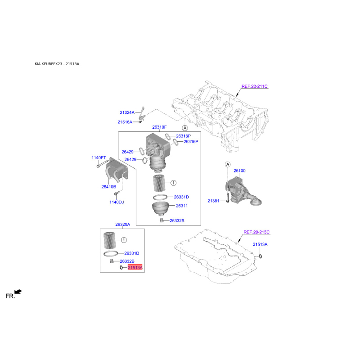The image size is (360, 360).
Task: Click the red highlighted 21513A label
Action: point(135,267)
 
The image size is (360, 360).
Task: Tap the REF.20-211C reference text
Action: point(254,86)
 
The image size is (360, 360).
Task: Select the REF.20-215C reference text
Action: point(256,232)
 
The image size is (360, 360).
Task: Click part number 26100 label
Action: point(239,171)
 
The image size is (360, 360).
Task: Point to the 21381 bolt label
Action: point(213,201)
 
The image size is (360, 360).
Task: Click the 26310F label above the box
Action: point(159,127)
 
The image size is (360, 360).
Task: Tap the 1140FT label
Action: point(99,158)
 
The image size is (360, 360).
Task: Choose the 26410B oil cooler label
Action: point(108,187)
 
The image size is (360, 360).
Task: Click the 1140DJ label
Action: point(117,202)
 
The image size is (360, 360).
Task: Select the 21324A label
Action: point(127,112)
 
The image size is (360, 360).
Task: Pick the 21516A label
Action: point(125,122)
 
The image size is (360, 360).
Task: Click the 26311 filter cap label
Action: point(182,206)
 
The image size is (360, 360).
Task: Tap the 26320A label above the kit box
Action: point(122,225)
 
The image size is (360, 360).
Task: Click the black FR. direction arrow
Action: point(18,292)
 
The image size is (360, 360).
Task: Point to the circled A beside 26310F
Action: point(185,128)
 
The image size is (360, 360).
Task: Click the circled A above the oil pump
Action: point(228,164)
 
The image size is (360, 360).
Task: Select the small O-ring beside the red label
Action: point(121,267)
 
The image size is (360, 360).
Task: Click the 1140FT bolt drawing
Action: point(103,163)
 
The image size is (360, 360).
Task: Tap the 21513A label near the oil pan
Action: point(260,244)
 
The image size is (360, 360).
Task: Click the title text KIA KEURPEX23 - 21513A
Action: point(57,64)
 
